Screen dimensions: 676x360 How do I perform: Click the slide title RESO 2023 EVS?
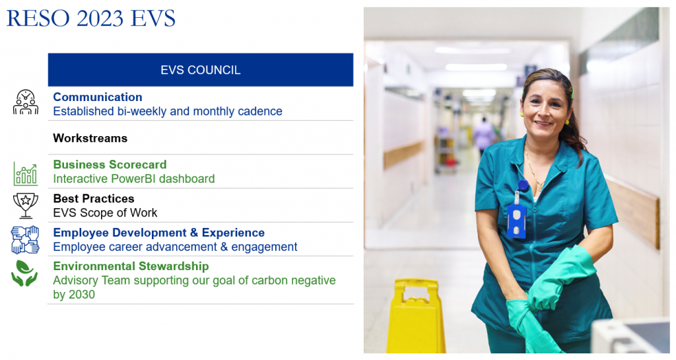coord(91,18)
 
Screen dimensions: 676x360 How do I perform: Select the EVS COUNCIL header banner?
coord(201,70)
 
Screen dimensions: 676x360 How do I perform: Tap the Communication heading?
coord(98,97)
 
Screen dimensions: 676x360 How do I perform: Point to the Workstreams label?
coord(90,139)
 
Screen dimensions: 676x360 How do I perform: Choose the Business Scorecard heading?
coord(110,164)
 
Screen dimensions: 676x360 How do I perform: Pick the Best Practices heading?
coord(94,199)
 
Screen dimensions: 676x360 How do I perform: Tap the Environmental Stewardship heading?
coord(131,266)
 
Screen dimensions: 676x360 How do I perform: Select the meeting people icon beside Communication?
coord(26,102)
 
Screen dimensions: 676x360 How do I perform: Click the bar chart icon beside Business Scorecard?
coord(26,174)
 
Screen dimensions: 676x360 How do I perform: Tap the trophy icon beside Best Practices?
coord(26,205)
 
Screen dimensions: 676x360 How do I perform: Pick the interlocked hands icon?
coord(25,240)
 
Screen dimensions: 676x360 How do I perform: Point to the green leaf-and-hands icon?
coord(24,273)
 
